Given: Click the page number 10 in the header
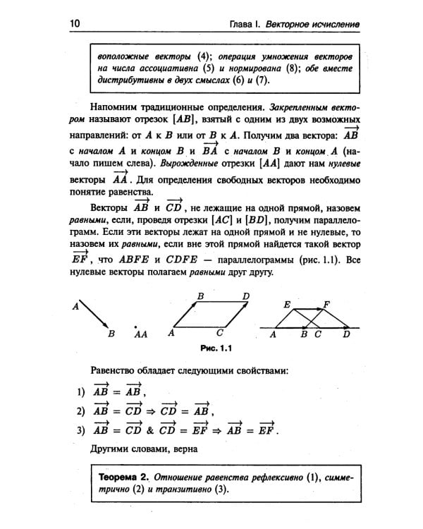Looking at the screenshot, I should [75, 23].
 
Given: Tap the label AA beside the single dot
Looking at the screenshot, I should [140, 335].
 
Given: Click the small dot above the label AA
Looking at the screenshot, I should [135, 326].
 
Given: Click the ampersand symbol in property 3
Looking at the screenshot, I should [149, 430].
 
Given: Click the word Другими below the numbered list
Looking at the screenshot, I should [112, 449].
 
